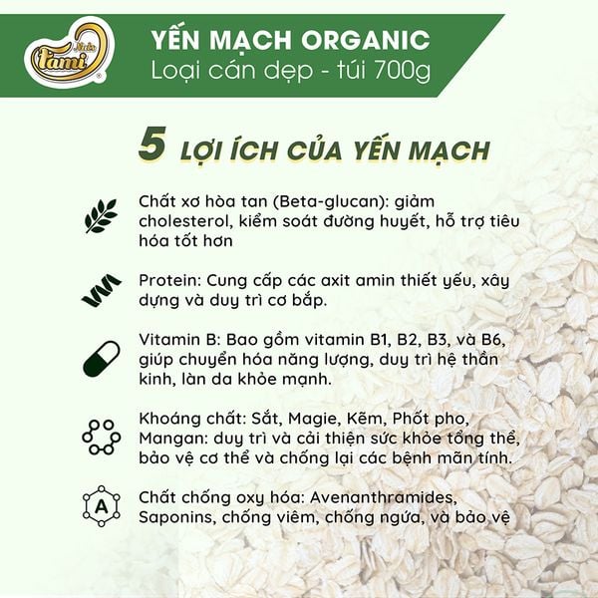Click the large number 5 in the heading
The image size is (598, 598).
coord(151,145)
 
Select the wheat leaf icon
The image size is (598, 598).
coord(101,213)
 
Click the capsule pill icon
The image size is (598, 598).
coord(101,359)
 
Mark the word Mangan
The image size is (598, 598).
coord(173,439)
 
